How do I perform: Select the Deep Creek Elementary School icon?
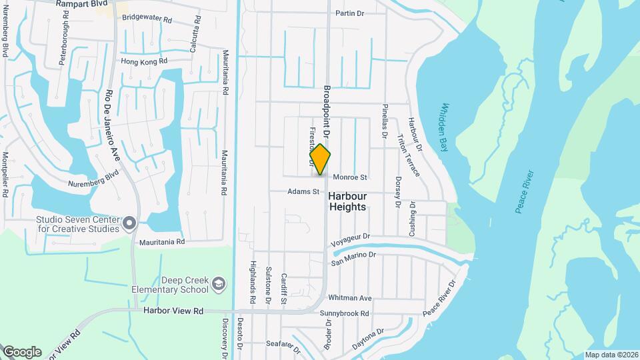(217, 286)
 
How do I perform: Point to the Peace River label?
(525, 191)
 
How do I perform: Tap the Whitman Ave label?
(350, 298)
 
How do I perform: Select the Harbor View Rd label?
(173, 311)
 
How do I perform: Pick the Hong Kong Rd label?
(143, 61)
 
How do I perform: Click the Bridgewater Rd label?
(147, 19)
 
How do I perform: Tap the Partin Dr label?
(349, 13)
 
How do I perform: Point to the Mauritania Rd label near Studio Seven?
(161, 243)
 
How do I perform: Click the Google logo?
(22, 352)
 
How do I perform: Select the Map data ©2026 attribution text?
(611, 355)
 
